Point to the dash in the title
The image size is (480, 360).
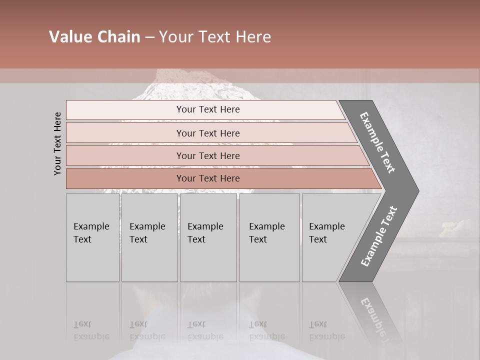[x=149, y=37]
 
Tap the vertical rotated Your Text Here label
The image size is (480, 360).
[x=57, y=143]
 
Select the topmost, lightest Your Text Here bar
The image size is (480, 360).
[x=208, y=109]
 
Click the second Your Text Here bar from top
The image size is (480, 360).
[x=208, y=133]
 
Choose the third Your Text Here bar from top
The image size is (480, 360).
[x=208, y=155]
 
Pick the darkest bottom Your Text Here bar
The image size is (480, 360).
[x=208, y=178]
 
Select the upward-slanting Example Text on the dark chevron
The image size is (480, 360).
[x=379, y=236]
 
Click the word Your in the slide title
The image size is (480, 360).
[x=175, y=37]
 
